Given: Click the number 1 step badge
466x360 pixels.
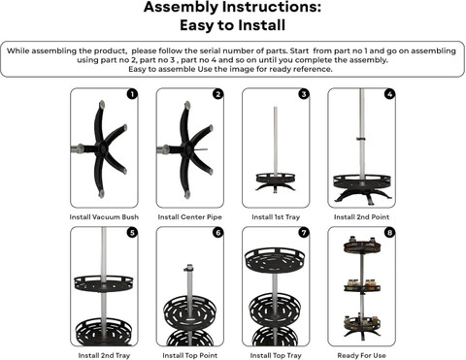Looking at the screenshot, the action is [x=132, y=94].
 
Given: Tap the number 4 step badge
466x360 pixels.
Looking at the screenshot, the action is [x=389, y=94].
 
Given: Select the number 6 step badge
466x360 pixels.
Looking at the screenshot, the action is [x=217, y=233].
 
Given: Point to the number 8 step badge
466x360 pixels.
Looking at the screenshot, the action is [x=389, y=233].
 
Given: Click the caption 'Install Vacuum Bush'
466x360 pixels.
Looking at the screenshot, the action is [x=104, y=217].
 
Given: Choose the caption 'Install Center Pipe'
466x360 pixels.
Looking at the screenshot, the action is [x=190, y=217].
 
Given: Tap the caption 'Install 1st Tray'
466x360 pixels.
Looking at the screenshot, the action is [x=276, y=217].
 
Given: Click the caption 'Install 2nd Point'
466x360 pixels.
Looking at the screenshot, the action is [x=361, y=217].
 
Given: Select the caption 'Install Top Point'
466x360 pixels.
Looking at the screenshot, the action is [x=190, y=355].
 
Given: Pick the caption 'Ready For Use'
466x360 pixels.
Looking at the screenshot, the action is [x=361, y=355].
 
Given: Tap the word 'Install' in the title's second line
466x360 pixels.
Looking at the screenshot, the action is [x=262, y=25].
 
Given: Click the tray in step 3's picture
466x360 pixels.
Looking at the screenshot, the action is [x=276, y=179].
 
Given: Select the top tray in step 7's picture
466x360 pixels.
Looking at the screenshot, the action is [x=275, y=259].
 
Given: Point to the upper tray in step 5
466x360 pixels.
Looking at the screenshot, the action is [x=104, y=283].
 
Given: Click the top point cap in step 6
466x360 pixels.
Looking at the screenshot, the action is [x=188, y=268].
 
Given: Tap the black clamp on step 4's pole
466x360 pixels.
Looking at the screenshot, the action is [x=361, y=139].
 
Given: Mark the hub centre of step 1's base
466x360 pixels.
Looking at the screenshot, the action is [x=102, y=148].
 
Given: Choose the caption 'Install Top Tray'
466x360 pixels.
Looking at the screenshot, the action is [x=276, y=355].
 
